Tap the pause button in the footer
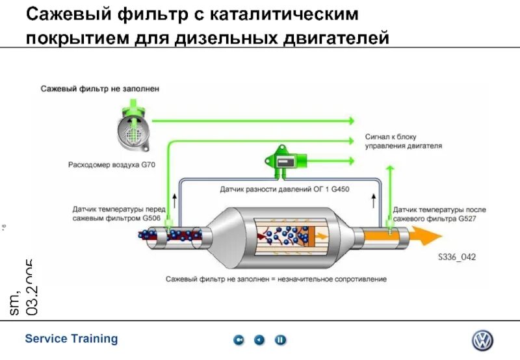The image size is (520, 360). point(280,340)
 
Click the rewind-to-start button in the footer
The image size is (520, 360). point(240,340)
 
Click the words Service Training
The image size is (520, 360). point(71,339)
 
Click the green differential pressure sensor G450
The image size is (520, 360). point(283,158)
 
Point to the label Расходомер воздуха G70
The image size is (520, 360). point(112,165)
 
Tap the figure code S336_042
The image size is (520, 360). point(456,257)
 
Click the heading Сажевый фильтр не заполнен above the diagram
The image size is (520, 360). point(99,88)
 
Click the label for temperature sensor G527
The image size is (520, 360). point(439,214)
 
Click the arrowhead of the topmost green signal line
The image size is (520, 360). point(350,121)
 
